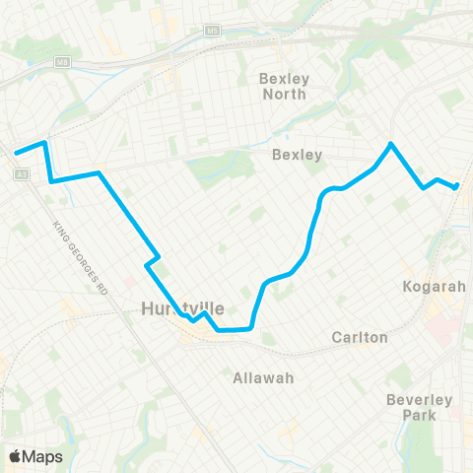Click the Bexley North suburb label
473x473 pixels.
(284, 86)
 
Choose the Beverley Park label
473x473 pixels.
(419, 406)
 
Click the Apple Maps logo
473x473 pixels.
(36, 456)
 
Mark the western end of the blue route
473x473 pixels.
(15, 153)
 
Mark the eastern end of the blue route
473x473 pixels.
(458, 186)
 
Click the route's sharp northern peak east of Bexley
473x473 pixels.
(391, 144)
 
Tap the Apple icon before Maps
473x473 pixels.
(15, 456)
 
